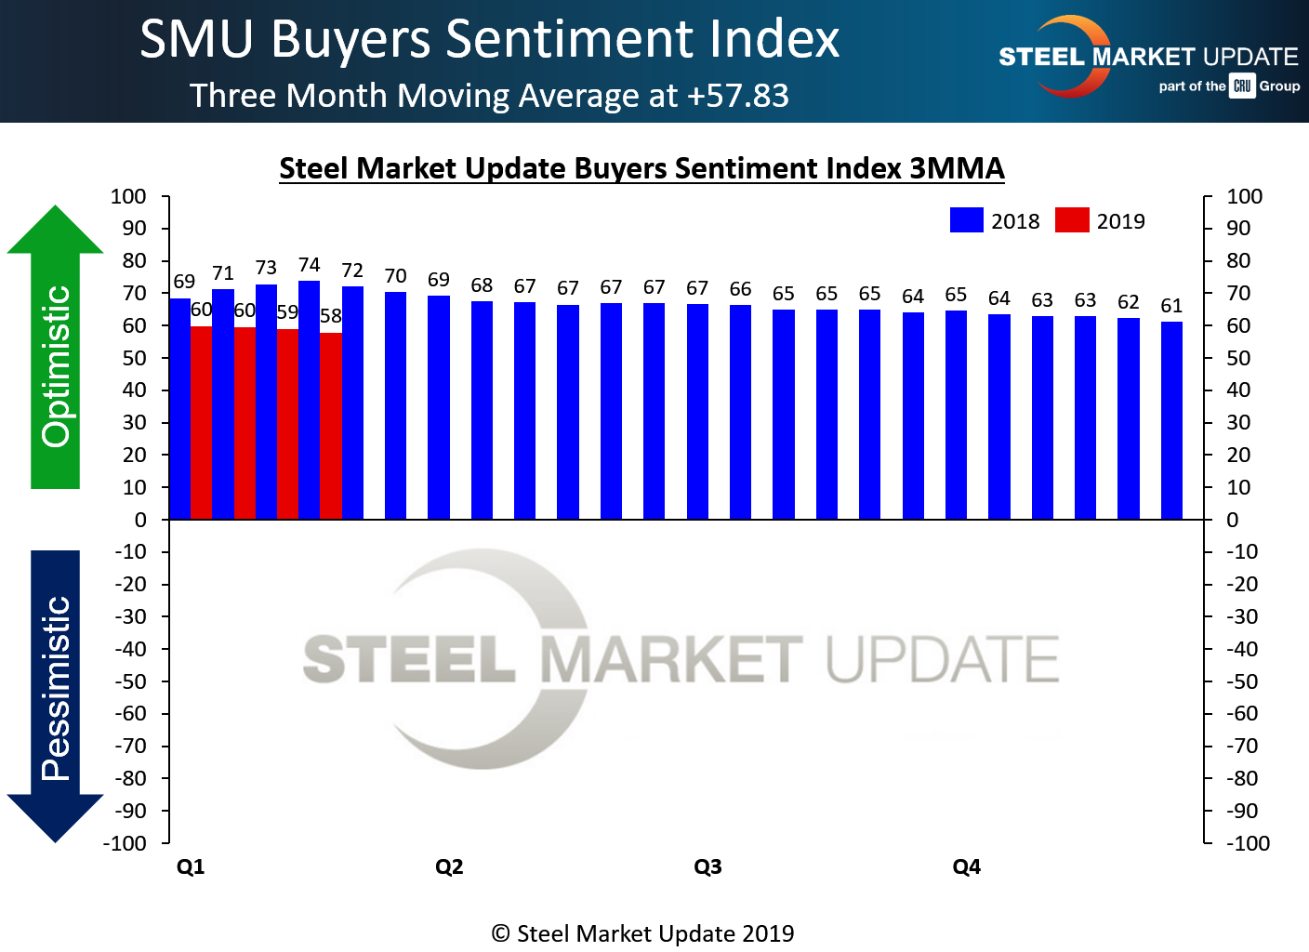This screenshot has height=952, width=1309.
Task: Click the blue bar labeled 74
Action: pyautogui.click(x=309, y=400)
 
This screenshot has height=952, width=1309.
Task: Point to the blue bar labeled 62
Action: pyautogui.click(x=1129, y=418)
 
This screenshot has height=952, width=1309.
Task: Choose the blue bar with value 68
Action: pyautogui.click(x=482, y=410)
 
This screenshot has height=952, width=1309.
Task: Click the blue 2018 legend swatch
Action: pyautogui.click(x=966, y=220)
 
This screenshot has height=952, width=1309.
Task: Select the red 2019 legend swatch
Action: pyautogui.click(x=1072, y=220)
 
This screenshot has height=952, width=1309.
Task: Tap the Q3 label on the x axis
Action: pyautogui.click(x=707, y=866)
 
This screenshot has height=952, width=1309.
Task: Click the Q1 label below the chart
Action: pyautogui.click(x=191, y=866)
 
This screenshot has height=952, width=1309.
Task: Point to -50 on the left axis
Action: pyautogui.click(x=131, y=681)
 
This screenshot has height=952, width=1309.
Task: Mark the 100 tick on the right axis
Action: pyautogui.click(x=1244, y=196)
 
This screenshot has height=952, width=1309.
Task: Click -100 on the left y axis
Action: pyautogui.click(x=126, y=843)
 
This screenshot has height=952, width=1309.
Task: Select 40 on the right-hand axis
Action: pyautogui.click(x=1238, y=390)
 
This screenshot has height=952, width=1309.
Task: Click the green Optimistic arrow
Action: pyautogui.click(x=56, y=353)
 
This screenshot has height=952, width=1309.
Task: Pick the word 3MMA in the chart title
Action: pyautogui.click(x=957, y=168)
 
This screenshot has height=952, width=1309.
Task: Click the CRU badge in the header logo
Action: pyautogui.click(x=1242, y=86)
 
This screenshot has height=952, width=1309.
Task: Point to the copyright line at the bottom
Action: pyautogui.click(x=642, y=933)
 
